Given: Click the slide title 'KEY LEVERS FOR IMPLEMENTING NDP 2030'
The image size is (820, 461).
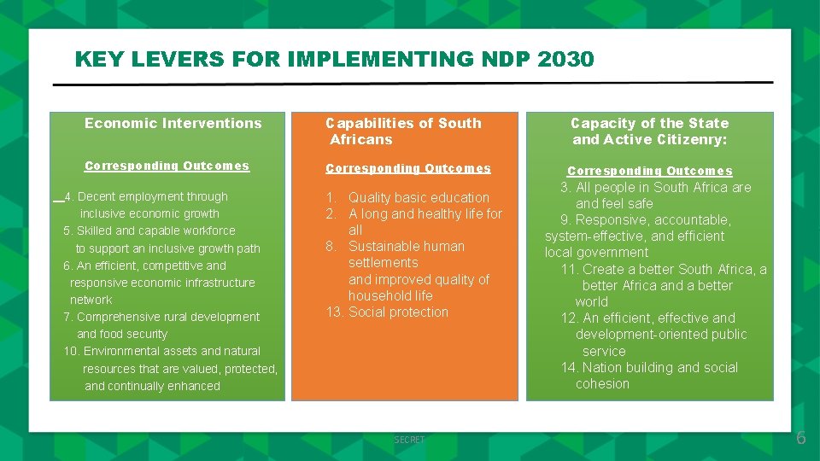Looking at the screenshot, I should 334,60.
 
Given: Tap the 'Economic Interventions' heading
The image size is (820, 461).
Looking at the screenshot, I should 173,123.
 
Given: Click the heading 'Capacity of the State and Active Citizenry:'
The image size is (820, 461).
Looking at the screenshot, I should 649,131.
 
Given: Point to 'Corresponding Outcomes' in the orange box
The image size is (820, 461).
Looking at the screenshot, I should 408,169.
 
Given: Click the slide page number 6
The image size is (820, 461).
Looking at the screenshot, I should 800,439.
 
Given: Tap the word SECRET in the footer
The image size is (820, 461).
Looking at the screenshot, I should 409,440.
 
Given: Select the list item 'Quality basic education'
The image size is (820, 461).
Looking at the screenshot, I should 419,198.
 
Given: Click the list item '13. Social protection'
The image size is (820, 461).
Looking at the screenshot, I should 387,312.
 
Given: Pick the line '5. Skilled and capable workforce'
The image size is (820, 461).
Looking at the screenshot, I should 149,230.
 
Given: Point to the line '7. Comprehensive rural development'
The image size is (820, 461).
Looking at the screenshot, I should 161,317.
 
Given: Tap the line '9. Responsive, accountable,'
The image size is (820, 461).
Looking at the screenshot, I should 646,220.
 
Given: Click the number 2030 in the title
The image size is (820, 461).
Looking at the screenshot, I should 566,60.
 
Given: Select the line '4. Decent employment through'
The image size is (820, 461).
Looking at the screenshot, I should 146,196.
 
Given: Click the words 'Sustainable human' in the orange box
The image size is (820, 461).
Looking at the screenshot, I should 406,247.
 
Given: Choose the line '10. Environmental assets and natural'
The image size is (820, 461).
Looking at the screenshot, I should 161,351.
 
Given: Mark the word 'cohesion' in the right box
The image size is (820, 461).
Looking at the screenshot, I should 602,384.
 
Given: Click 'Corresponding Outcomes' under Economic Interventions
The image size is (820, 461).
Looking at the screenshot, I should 167,166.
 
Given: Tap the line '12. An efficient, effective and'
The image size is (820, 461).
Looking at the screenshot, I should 647,318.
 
